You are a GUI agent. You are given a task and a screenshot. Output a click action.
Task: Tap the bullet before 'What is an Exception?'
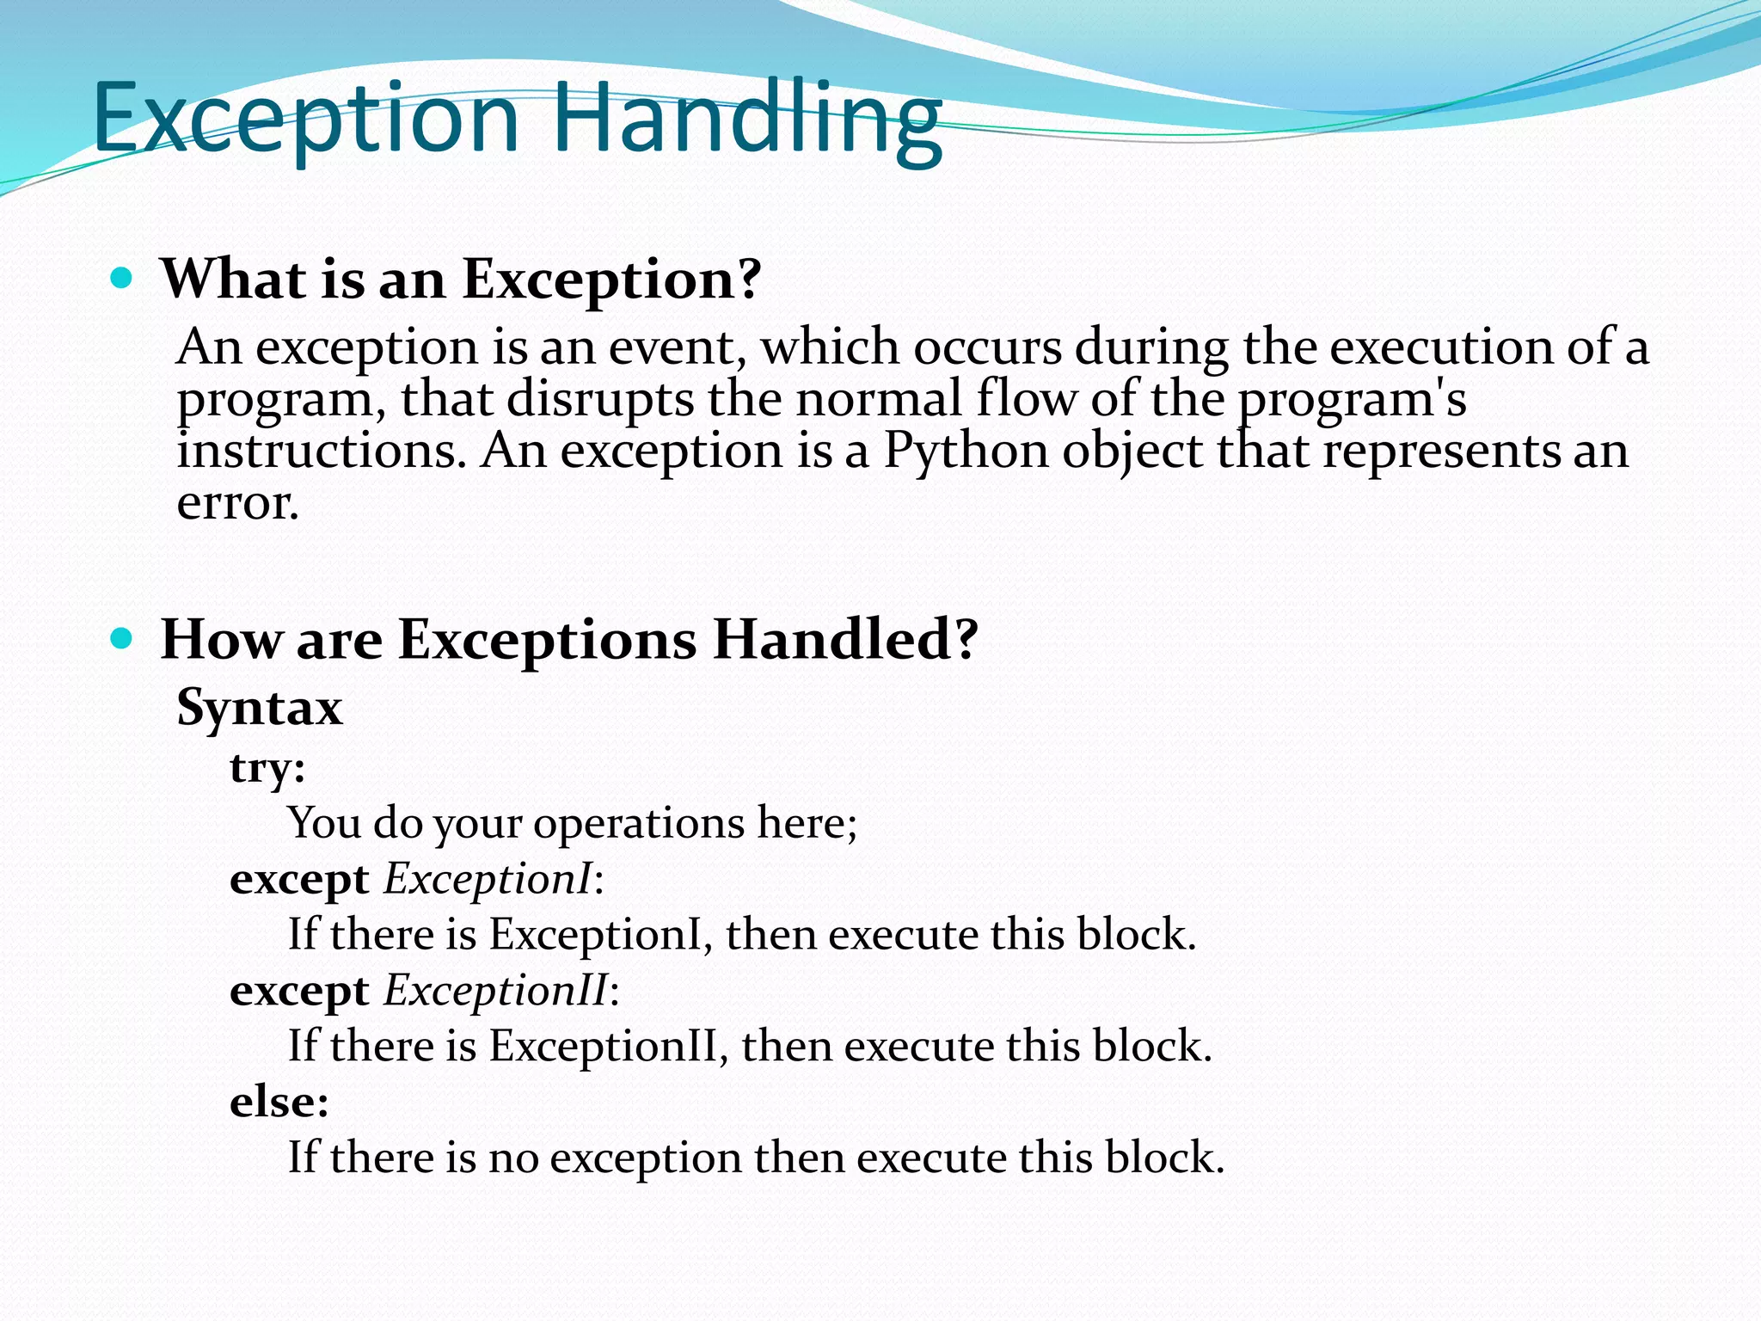pos(122,278)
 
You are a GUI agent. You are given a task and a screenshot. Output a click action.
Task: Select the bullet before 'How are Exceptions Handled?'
pos(122,638)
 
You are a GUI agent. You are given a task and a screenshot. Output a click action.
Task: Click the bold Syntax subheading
pos(259,707)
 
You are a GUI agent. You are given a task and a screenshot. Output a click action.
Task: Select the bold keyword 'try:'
pos(267,767)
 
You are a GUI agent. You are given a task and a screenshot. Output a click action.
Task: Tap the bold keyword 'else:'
pos(279,1102)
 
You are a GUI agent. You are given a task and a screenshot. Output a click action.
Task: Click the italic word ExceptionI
pos(488,879)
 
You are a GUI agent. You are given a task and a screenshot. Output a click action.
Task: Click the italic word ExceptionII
pos(495,990)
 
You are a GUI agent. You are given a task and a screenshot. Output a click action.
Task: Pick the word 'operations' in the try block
pos(638,823)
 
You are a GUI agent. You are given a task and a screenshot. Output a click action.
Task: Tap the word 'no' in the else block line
pos(512,1158)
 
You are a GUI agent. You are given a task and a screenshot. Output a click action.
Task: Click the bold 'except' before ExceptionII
pos(298,991)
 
